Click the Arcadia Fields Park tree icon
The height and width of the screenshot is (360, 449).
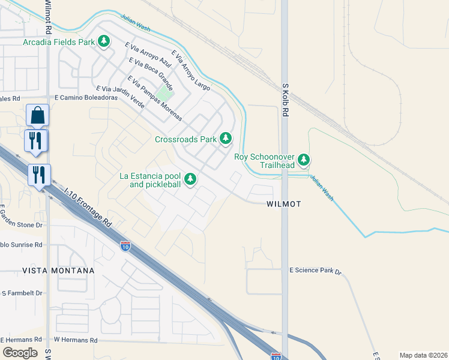(x=105, y=41)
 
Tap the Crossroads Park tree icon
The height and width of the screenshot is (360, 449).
(x=226, y=139)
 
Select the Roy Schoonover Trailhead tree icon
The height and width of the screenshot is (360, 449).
(x=304, y=160)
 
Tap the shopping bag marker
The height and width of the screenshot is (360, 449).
(x=38, y=115)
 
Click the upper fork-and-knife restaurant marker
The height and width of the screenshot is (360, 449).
(x=35, y=140)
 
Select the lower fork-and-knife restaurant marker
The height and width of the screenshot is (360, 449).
(x=39, y=175)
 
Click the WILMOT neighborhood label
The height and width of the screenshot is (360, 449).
(x=283, y=204)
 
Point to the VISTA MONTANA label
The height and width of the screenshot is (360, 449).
(x=58, y=271)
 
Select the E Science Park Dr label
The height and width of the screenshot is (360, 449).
(x=315, y=271)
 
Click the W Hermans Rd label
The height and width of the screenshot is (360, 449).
(x=76, y=340)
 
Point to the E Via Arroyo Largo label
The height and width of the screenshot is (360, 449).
(x=191, y=70)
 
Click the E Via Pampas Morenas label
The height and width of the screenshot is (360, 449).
(x=154, y=98)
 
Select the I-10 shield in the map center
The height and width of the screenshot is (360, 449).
(x=125, y=246)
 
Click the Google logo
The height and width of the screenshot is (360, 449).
(x=20, y=353)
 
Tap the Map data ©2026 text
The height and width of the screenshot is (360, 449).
(x=423, y=355)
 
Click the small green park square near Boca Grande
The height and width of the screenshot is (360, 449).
(x=166, y=95)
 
